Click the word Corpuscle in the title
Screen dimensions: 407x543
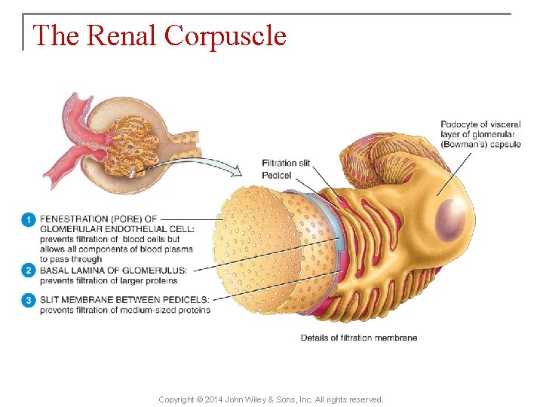tap(225, 35)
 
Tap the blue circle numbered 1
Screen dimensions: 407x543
tap(29, 219)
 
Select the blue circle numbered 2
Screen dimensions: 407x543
tap(29, 270)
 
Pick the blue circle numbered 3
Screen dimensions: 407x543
tap(29, 300)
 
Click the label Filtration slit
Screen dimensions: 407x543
tap(286, 164)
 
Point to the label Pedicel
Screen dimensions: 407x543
tap(276, 175)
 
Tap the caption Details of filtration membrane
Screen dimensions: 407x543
tap(359, 338)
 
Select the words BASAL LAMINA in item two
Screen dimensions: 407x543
tap(78, 270)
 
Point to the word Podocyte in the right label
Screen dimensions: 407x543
tap(459, 124)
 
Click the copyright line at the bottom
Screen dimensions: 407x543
tap(271, 399)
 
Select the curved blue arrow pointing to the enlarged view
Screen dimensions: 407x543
tap(204, 162)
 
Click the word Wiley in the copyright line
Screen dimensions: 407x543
tap(261, 399)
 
